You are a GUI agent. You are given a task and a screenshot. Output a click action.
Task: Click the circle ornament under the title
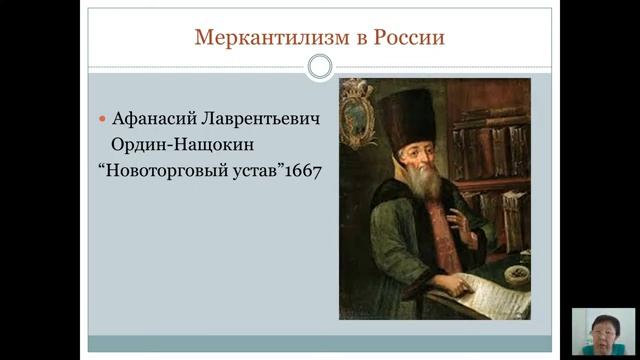pos(319,67)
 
